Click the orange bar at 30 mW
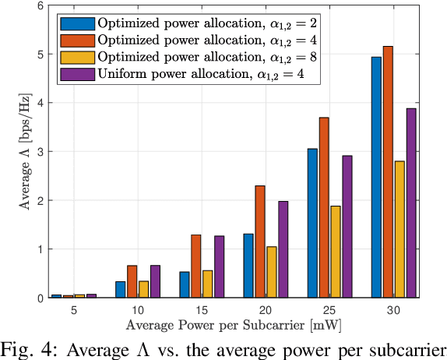pyautogui.click(x=388, y=172)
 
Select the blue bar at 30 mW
pyautogui.click(x=376, y=178)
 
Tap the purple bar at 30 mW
pyautogui.click(x=411, y=203)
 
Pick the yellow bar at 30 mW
pyautogui.click(x=399, y=230)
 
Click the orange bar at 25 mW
pyautogui.click(x=324, y=207)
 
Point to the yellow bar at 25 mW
pyautogui.click(x=336, y=252)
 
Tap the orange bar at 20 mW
pyautogui.click(x=260, y=242)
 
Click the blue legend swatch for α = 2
pyautogui.click(x=76, y=21)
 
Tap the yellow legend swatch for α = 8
pyautogui.click(x=76, y=57)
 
